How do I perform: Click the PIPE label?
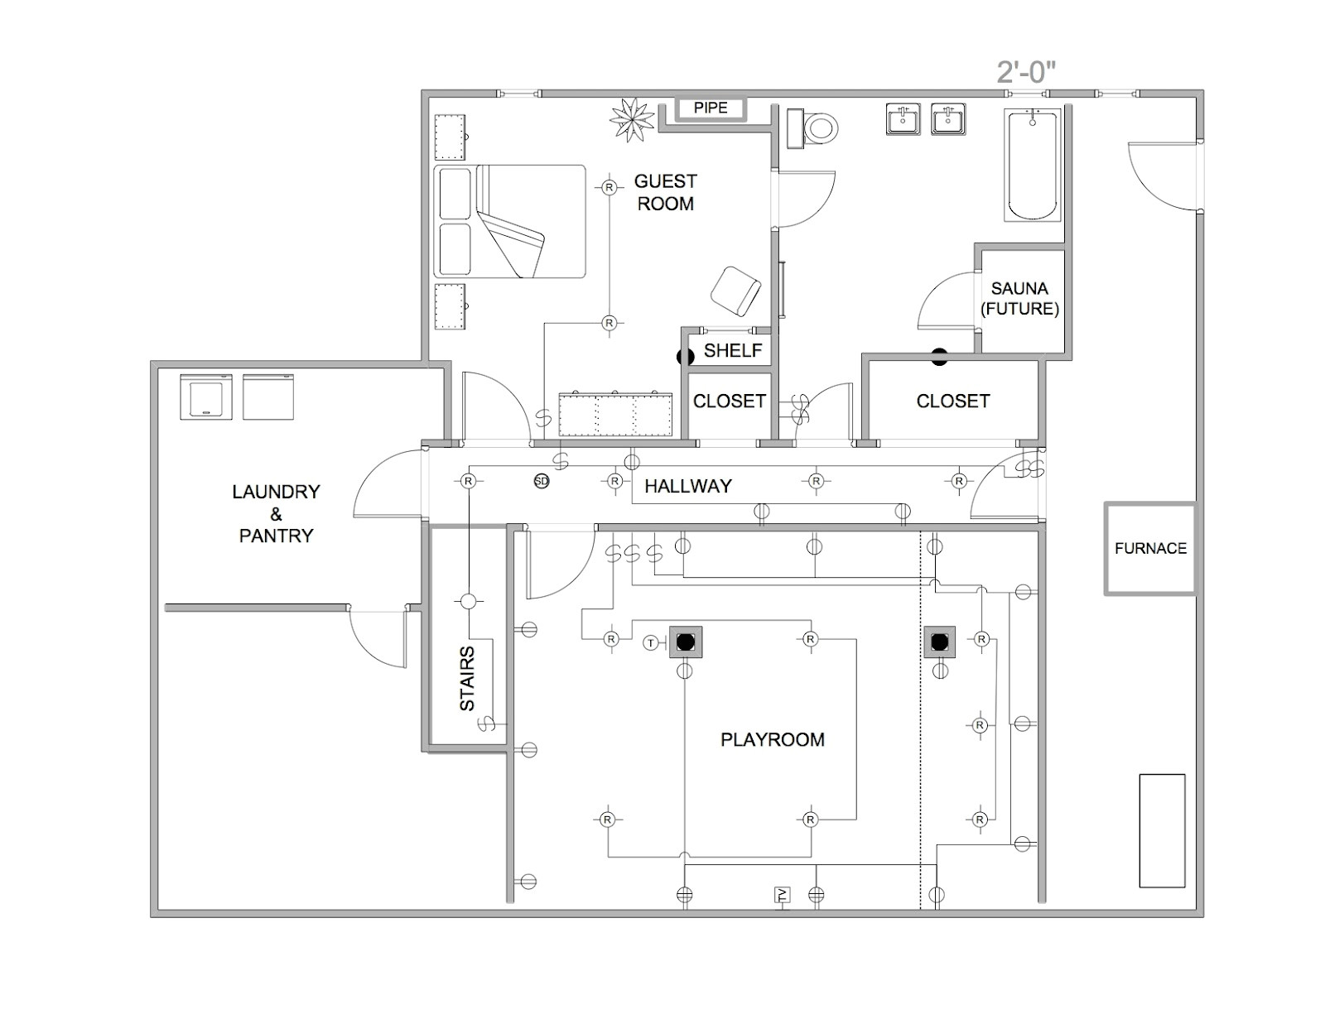pos(711,108)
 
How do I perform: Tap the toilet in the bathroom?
pos(812,128)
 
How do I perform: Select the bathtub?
pos(1033,165)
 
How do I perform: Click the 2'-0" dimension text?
pos(1025,73)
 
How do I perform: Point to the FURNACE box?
pos(1150,548)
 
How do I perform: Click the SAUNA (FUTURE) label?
pos(1019,299)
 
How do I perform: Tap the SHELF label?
pos(733,350)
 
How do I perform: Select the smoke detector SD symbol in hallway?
pos(542,481)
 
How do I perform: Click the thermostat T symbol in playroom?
pos(651,642)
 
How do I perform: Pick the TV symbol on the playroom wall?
pos(783,895)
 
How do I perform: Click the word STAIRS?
pos(467,679)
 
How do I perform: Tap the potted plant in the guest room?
pos(633,119)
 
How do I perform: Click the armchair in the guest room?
pos(735,291)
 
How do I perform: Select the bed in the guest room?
pos(510,221)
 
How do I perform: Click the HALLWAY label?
pos(688,486)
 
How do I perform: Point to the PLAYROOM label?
pos(773,739)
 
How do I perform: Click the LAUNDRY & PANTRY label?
pos(277,514)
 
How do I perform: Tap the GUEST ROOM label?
pos(665,192)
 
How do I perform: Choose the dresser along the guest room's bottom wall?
pos(615,415)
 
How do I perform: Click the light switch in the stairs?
pos(486,723)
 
